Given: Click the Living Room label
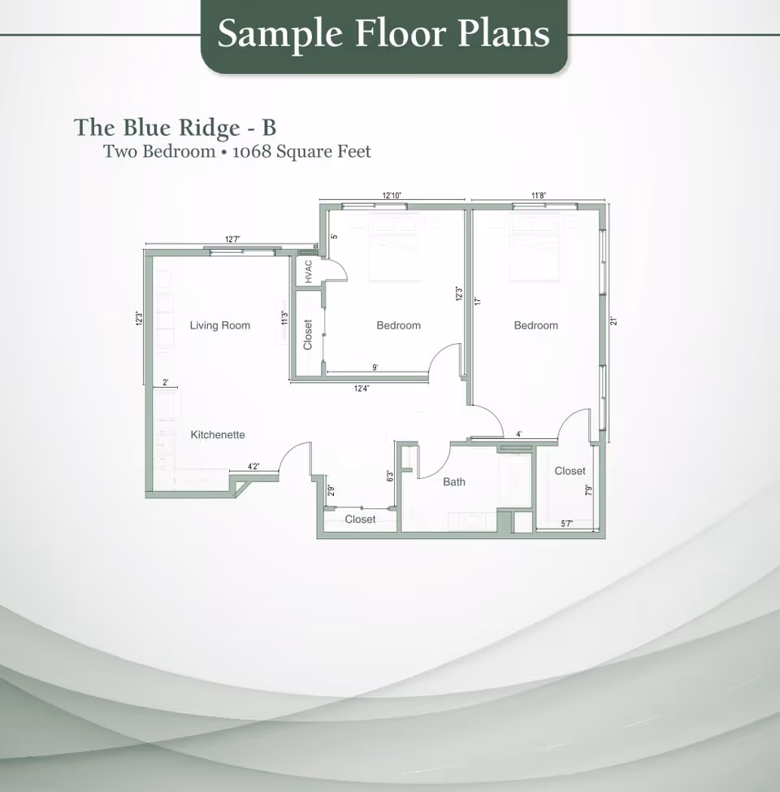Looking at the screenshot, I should [219, 325].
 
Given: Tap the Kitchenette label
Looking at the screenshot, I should [218, 435].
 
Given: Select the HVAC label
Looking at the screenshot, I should [309, 272].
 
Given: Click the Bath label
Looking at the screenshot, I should [454, 482].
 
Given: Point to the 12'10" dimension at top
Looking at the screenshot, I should [392, 195].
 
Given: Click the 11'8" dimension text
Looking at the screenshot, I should [539, 195].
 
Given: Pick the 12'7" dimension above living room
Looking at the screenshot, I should [232, 239].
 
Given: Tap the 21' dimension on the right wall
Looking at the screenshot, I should [614, 321].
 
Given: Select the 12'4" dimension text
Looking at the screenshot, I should [362, 389].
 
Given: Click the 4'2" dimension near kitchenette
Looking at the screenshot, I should [254, 467].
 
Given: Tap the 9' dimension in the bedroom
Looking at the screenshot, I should [375, 368].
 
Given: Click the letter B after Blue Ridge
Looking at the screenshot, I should [269, 128].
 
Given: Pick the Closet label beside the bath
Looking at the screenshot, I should [570, 471].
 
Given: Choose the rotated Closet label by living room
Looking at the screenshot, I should [308, 334].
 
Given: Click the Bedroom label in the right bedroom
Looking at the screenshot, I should [535, 325].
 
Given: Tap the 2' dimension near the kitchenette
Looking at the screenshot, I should [166, 382].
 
